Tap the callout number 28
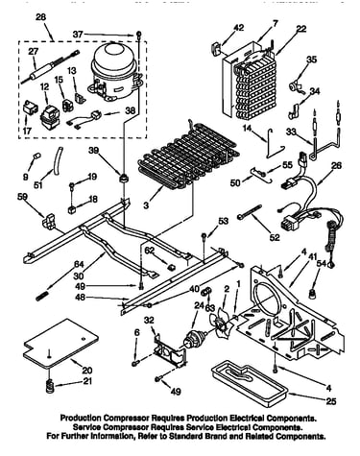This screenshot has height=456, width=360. click(40, 17)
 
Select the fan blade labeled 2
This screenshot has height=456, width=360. click(221, 324)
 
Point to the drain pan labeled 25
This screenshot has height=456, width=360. click(250, 383)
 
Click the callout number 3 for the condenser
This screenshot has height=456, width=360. click(146, 204)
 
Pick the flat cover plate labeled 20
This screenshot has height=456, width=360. click(61, 343)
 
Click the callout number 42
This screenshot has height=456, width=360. click(238, 28)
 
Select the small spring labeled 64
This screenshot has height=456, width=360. click(41, 295)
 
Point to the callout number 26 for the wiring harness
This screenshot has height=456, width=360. click(336, 165)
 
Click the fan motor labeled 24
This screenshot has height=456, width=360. click(194, 338)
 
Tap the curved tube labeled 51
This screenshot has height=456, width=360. click(58, 161)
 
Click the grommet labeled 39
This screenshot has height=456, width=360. click(123, 178)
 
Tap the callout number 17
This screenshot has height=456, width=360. click(27, 131)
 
